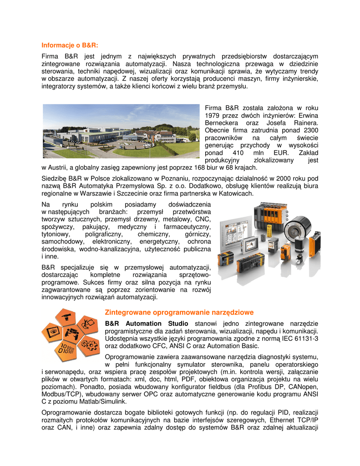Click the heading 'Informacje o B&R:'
click(x=70, y=45)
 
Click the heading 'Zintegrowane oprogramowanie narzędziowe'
click(x=179, y=312)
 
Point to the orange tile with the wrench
click(x=88, y=324)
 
